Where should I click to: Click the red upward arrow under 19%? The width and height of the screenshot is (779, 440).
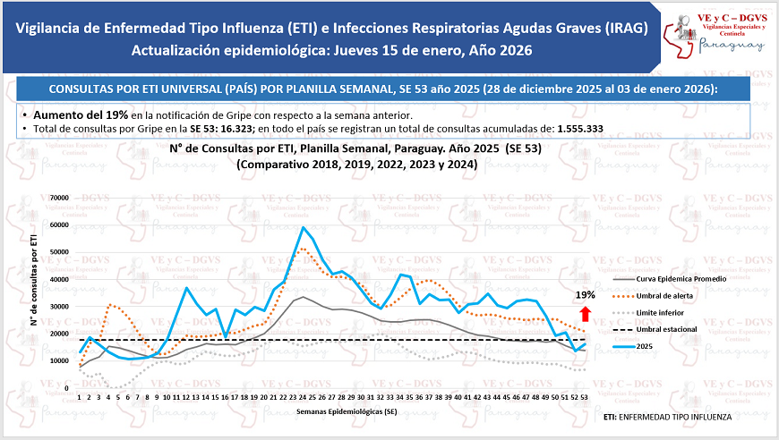(585, 313)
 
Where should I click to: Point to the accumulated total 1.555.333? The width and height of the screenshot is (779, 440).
(579, 129)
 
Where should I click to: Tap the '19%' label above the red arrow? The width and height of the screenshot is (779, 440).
(585, 294)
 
